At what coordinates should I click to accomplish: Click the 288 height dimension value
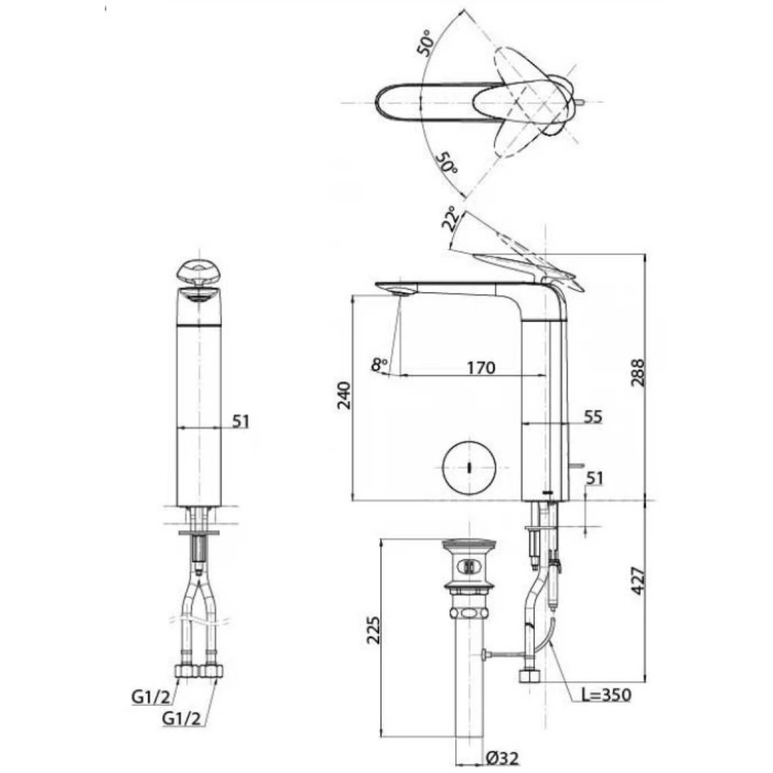[639, 372]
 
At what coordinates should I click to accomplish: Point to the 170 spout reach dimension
[480, 368]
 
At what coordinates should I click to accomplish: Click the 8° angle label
[379, 364]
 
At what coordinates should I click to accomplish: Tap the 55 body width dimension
[592, 416]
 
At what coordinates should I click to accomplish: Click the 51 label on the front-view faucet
[240, 422]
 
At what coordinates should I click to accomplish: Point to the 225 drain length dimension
[373, 630]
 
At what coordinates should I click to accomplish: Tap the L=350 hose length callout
[606, 694]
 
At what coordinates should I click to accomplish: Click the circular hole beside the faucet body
[469, 467]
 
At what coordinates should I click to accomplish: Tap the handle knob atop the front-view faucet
[199, 273]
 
